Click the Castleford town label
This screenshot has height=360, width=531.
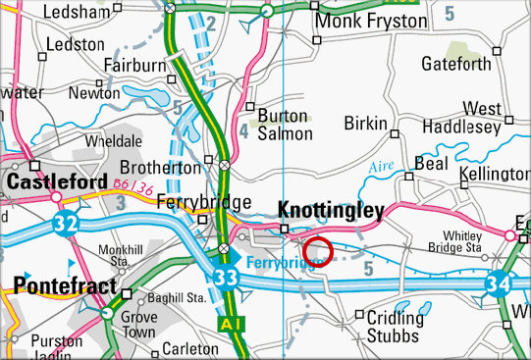tap(56, 183)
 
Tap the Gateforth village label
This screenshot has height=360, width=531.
tap(454, 64)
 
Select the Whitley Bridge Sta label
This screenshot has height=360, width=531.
tap(459, 242)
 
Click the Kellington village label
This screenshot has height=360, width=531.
tap(495, 174)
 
